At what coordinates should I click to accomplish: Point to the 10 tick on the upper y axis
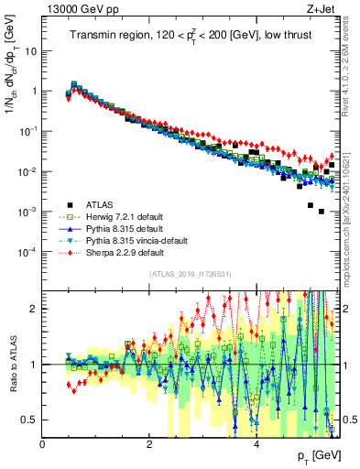(32, 51)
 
